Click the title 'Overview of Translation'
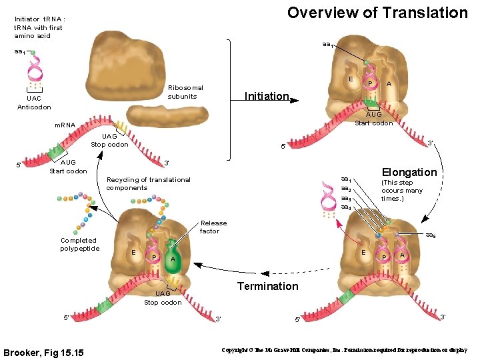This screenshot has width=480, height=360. click(x=377, y=13)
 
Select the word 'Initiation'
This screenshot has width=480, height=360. click(x=267, y=96)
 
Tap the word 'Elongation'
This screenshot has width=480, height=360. click(x=409, y=172)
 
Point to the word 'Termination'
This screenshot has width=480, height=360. click(x=268, y=286)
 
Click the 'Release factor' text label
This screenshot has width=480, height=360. click(x=213, y=227)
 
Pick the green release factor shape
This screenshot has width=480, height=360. click(x=175, y=257)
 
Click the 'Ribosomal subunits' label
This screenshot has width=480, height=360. click(x=185, y=92)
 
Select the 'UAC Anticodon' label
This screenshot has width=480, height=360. click(x=34, y=103)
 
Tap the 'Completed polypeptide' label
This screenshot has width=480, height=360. click(x=79, y=244)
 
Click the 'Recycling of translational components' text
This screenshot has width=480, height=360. click(x=148, y=183)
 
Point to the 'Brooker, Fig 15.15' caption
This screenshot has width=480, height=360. click(x=43, y=351)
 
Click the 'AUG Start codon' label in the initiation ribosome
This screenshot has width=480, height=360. click(x=373, y=119)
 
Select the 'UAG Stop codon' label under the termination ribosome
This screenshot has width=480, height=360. click(x=163, y=298)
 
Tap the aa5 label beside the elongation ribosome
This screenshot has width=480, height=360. click(x=430, y=235)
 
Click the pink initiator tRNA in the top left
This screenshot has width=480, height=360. click(x=35, y=69)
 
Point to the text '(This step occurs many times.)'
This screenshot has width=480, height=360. click(x=401, y=191)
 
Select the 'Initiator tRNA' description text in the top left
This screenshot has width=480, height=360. click(x=39, y=27)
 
